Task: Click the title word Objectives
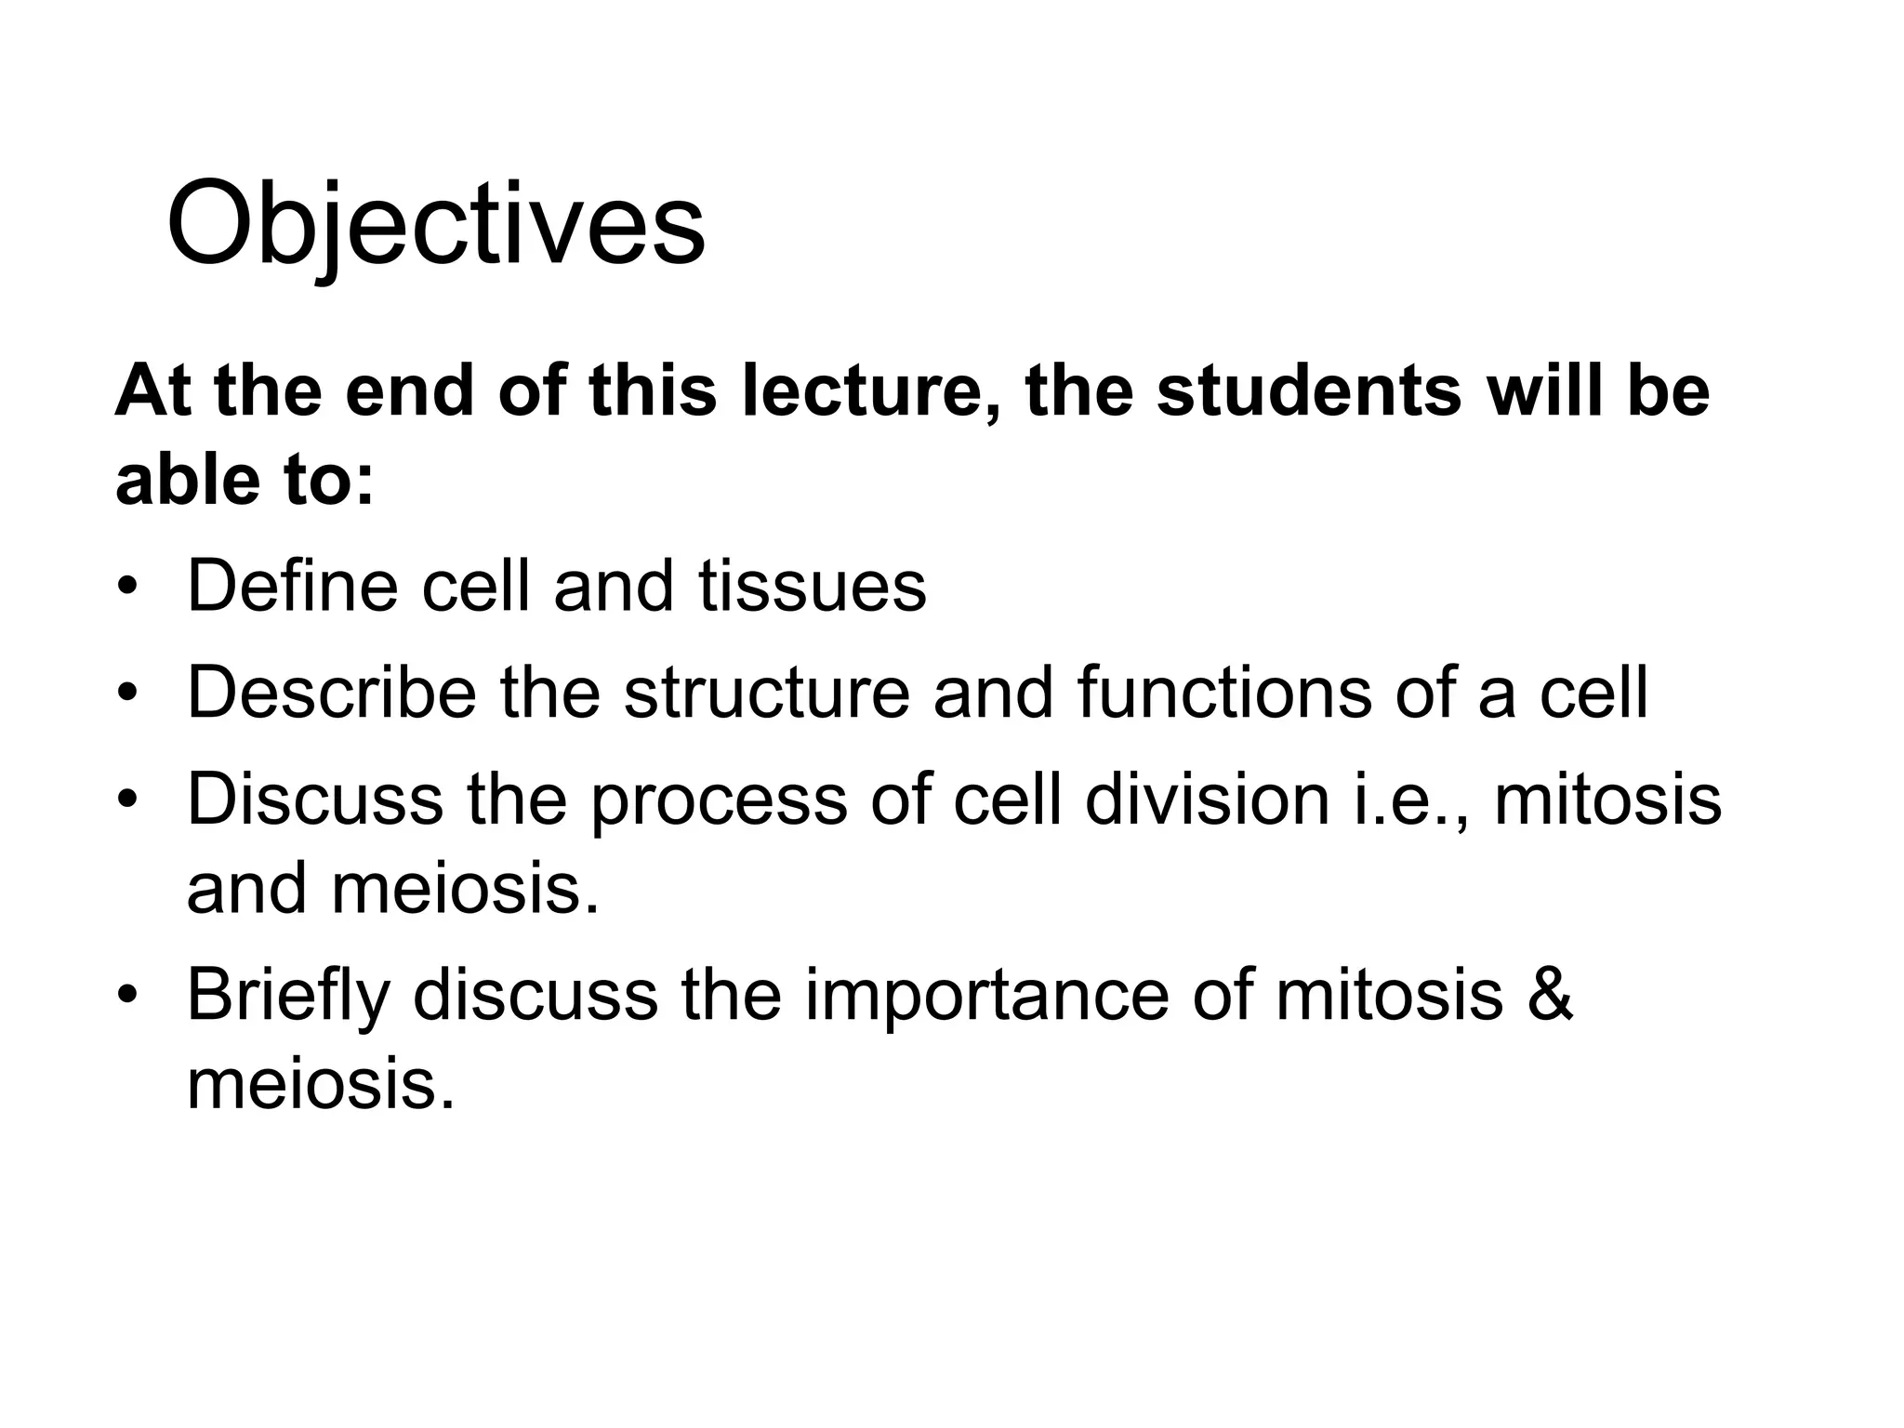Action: coord(435,226)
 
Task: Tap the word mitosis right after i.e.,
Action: coord(1607,799)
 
